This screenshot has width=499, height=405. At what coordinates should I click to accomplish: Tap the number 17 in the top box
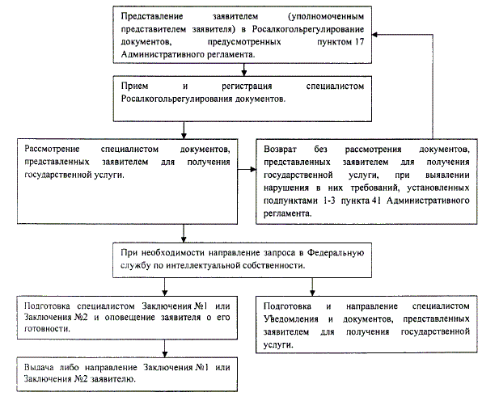click(364, 41)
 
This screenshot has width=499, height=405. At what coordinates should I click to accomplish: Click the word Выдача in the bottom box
click(41, 368)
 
